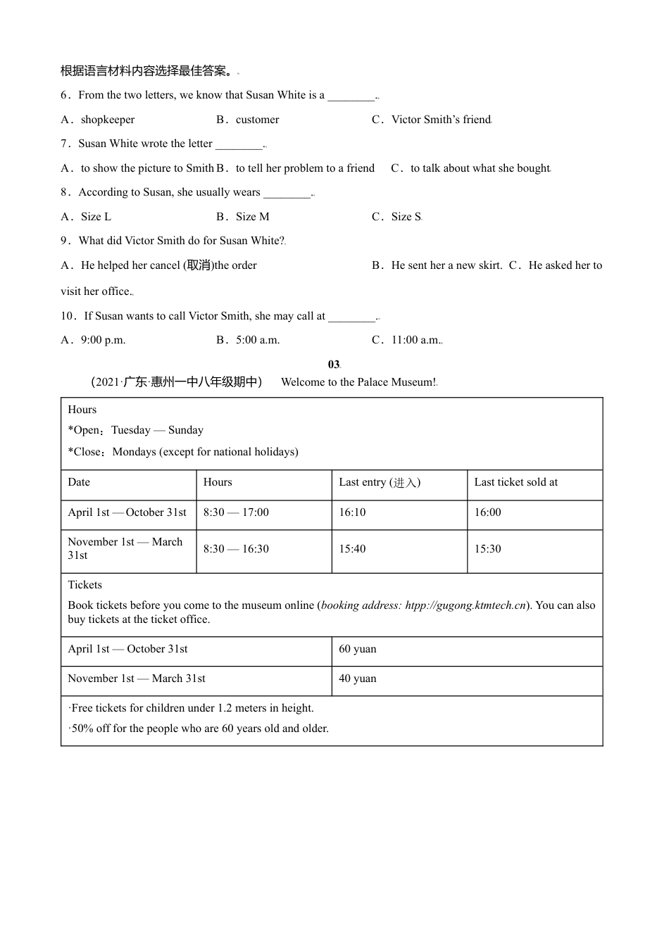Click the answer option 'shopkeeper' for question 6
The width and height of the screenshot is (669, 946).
click(107, 120)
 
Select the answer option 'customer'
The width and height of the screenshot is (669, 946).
click(257, 120)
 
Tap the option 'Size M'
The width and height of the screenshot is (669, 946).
click(252, 217)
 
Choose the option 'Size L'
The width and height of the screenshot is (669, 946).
click(96, 217)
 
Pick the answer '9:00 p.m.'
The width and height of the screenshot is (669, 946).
click(103, 340)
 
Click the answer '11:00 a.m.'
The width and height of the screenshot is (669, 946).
click(415, 340)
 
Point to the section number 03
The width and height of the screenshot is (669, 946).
click(333, 365)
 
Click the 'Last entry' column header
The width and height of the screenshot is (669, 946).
click(379, 483)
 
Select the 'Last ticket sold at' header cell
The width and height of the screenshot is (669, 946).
click(515, 483)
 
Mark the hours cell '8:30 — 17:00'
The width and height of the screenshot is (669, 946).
click(236, 512)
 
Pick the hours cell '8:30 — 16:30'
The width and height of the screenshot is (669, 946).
click(236, 549)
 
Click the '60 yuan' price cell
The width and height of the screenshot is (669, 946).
click(358, 649)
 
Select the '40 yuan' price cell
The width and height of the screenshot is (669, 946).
click(358, 679)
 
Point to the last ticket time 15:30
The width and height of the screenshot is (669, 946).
click(487, 549)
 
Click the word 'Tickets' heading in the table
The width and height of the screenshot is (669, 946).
click(85, 585)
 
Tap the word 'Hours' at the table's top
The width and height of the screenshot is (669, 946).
click(82, 410)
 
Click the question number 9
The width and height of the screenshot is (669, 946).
click(65, 241)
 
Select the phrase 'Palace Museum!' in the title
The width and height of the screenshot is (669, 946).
click(400, 382)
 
